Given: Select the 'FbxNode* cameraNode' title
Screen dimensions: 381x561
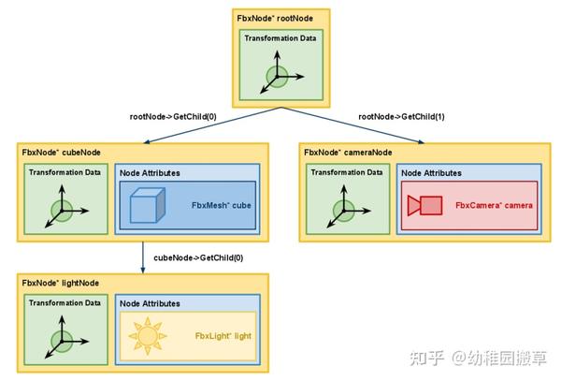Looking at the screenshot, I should click(348, 152).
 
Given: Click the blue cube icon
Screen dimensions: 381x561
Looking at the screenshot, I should click(147, 206).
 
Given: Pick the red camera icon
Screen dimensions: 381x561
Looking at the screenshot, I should click(425, 205).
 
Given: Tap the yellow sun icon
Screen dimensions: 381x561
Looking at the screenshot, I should click(147, 335).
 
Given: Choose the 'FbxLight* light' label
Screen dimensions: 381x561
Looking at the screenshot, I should click(224, 335).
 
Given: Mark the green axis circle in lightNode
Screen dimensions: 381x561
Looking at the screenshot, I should click(62, 339).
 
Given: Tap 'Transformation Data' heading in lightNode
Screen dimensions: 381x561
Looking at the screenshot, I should click(65, 302).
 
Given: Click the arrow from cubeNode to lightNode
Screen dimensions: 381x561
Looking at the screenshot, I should click(143, 256).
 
